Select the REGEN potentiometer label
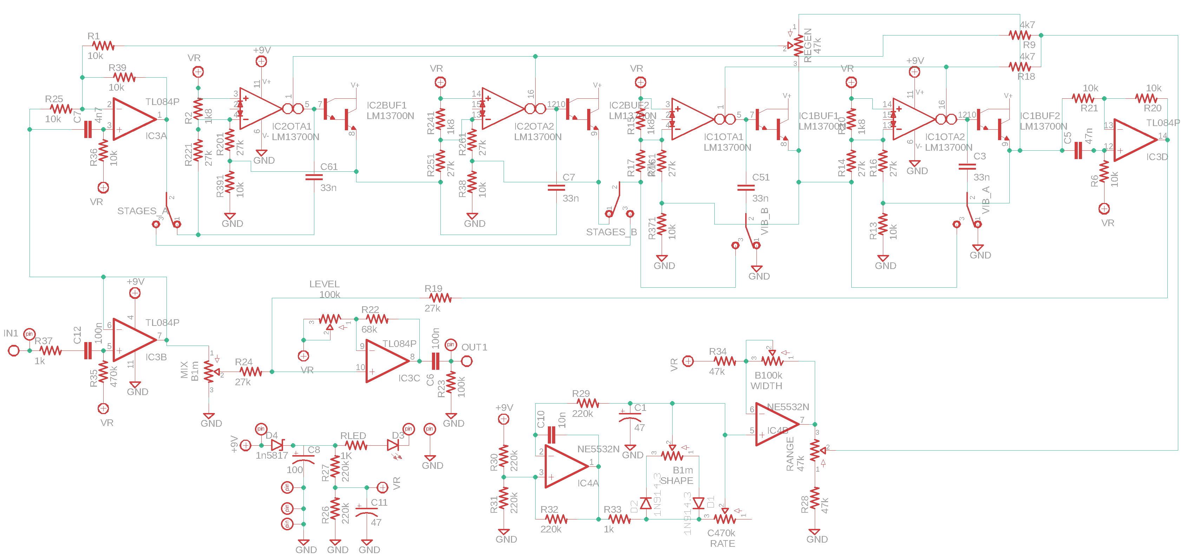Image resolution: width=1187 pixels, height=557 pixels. pyautogui.click(x=808, y=45)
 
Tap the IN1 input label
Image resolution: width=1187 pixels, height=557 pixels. pyautogui.click(x=11, y=333)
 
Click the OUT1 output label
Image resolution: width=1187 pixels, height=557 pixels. pyautogui.click(x=474, y=347)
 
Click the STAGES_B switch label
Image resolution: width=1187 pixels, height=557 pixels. pyautogui.click(x=611, y=232)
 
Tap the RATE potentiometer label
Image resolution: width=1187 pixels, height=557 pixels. pyautogui.click(x=722, y=544)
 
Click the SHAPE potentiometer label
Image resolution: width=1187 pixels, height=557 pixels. pyautogui.click(x=676, y=480)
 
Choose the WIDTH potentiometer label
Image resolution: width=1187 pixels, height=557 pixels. pyautogui.click(x=766, y=386)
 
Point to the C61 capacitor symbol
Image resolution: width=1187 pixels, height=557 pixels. pyautogui.click(x=314, y=177)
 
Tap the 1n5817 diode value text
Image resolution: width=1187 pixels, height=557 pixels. pyautogui.click(x=271, y=456)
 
